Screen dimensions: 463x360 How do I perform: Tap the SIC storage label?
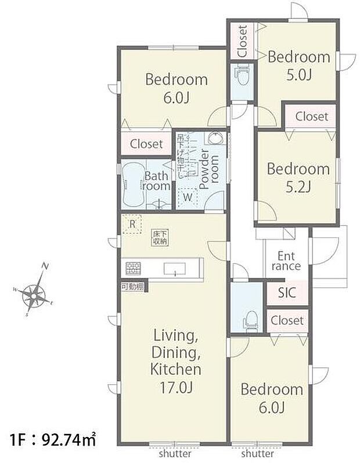pyautogui.click(x=286, y=292)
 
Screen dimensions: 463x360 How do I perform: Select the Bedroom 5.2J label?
pyautogui.click(x=298, y=178)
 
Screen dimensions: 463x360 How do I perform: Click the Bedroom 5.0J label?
pyautogui.click(x=298, y=66)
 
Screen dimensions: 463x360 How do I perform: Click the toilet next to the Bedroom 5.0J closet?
pyautogui.click(x=242, y=74)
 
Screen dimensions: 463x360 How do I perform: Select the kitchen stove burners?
pyautogui.click(x=134, y=268)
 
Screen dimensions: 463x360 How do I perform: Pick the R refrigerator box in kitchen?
pyautogui.click(x=132, y=223)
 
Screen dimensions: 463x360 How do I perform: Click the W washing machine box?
pyautogui.click(x=188, y=197)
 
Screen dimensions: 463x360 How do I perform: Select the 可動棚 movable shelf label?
pyautogui.click(x=132, y=286)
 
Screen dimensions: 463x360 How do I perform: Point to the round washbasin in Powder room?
pyautogui.click(x=214, y=139)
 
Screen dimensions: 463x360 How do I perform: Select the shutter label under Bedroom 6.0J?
pyautogui.click(x=257, y=454)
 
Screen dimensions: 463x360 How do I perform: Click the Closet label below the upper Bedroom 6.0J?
pyautogui.click(x=146, y=143)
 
